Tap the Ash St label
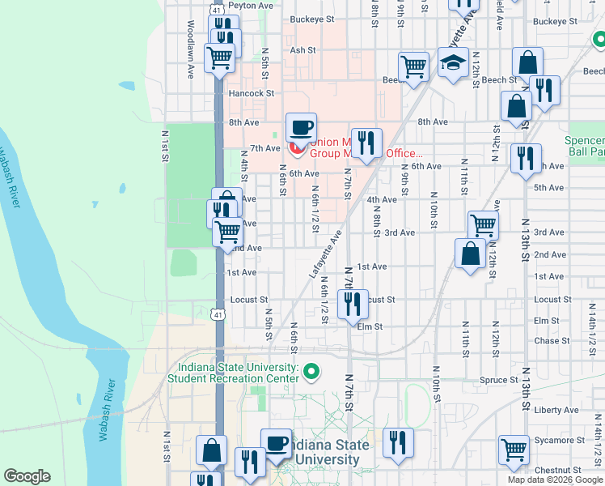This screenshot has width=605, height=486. (x=302, y=50)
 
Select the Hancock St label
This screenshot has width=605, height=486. (x=252, y=93)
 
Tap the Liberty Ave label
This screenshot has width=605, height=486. (x=556, y=410)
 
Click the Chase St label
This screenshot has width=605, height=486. (x=552, y=341)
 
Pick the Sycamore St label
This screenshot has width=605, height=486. (x=557, y=441)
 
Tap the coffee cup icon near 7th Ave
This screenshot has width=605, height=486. (x=301, y=127)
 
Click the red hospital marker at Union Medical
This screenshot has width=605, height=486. (x=297, y=149)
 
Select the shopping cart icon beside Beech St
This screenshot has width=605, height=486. (x=413, y=66)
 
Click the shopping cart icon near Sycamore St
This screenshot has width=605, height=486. (x=514, y=450)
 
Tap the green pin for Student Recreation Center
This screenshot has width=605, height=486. (x=312, y=373)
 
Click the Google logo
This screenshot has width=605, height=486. (x=27, y=476)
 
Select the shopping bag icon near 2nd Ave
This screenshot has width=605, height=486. (x=471, y=254)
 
